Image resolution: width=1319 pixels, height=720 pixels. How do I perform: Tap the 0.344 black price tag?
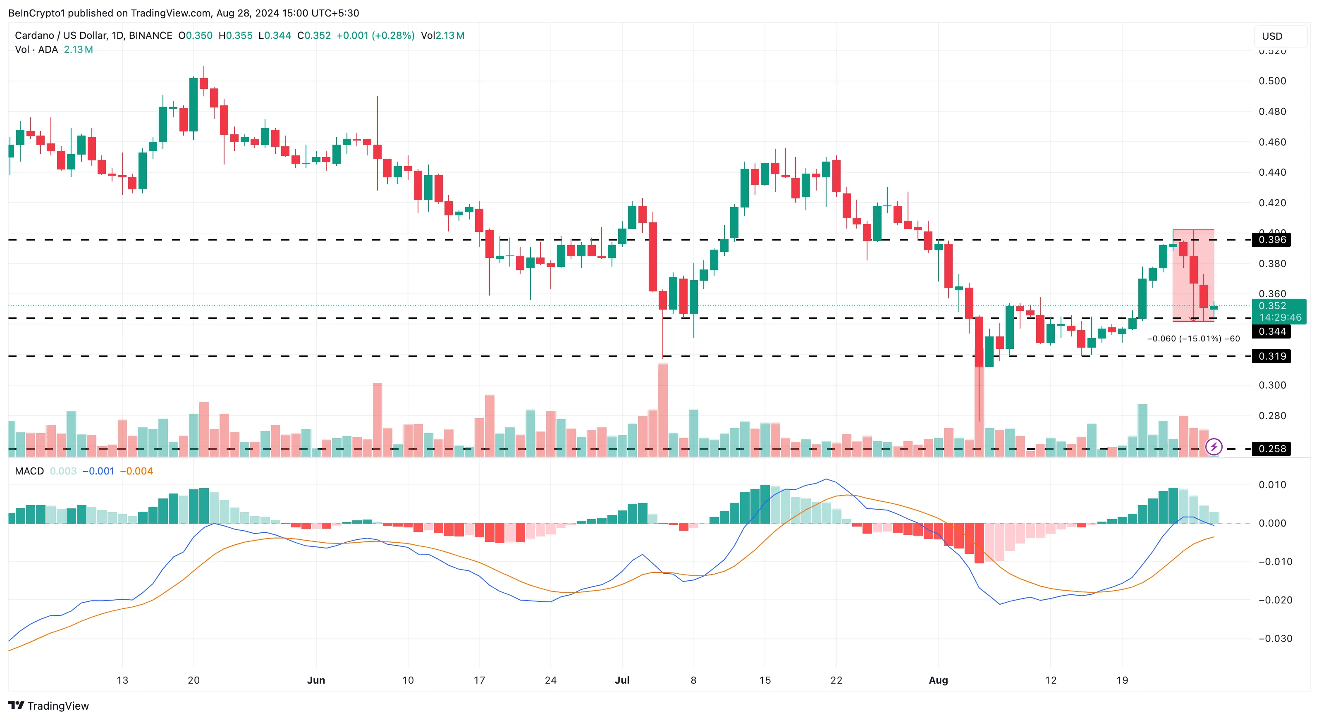[x=1271, y=331]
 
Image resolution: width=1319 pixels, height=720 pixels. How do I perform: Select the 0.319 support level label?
[x=1271, y=356]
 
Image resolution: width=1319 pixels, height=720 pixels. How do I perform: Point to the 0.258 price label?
[x=1271, y=449]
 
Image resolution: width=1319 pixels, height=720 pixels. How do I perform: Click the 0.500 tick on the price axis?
[x=1272, y=81]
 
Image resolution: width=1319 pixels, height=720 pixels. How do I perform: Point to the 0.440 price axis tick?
[x=1272, y=172]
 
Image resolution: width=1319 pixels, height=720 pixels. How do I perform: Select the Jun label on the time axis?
[x=316, y=680]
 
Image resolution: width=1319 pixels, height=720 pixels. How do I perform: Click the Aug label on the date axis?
[x=938, y=680]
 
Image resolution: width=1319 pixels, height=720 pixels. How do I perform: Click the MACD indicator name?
[x=29, y=471]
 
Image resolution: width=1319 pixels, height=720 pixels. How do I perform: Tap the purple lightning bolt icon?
[x=1214, y=447]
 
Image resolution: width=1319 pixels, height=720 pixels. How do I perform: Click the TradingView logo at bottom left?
[x=49, y=706]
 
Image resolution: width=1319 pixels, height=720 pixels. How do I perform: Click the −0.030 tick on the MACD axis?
[x=1275, y=639]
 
